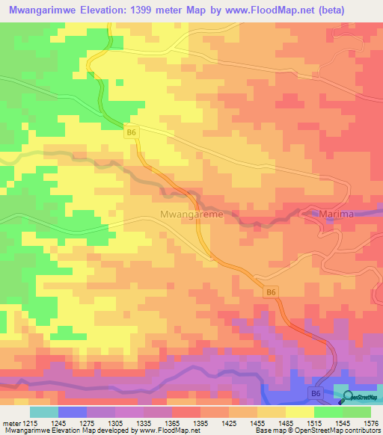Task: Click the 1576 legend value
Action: point(371,422)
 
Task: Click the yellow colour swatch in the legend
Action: point(299,412)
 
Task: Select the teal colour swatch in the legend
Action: point(44,412)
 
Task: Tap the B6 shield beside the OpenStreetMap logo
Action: point(317,393)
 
